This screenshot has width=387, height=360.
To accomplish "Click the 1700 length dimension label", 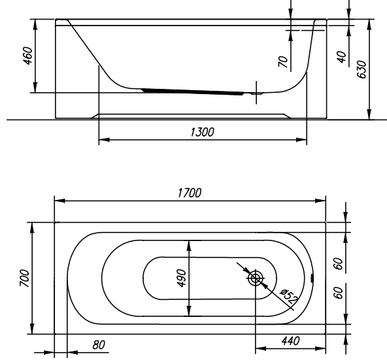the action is tap(190, 193).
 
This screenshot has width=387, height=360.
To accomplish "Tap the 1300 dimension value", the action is tap(202, 132).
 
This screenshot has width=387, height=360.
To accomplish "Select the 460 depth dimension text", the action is tap(28, 56).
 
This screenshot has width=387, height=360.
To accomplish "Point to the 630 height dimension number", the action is tap(362, 69).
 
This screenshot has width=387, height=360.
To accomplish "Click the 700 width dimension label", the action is tap(25, 278).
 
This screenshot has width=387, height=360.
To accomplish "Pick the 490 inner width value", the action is tap(182, 278).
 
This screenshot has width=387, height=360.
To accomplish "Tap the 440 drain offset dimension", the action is tap(290, 341).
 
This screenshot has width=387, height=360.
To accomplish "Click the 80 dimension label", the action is tap(99, 345).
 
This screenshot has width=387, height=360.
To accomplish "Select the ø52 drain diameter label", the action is tap(289, 296).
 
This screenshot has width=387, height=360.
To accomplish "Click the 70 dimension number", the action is tap(283, 61).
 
